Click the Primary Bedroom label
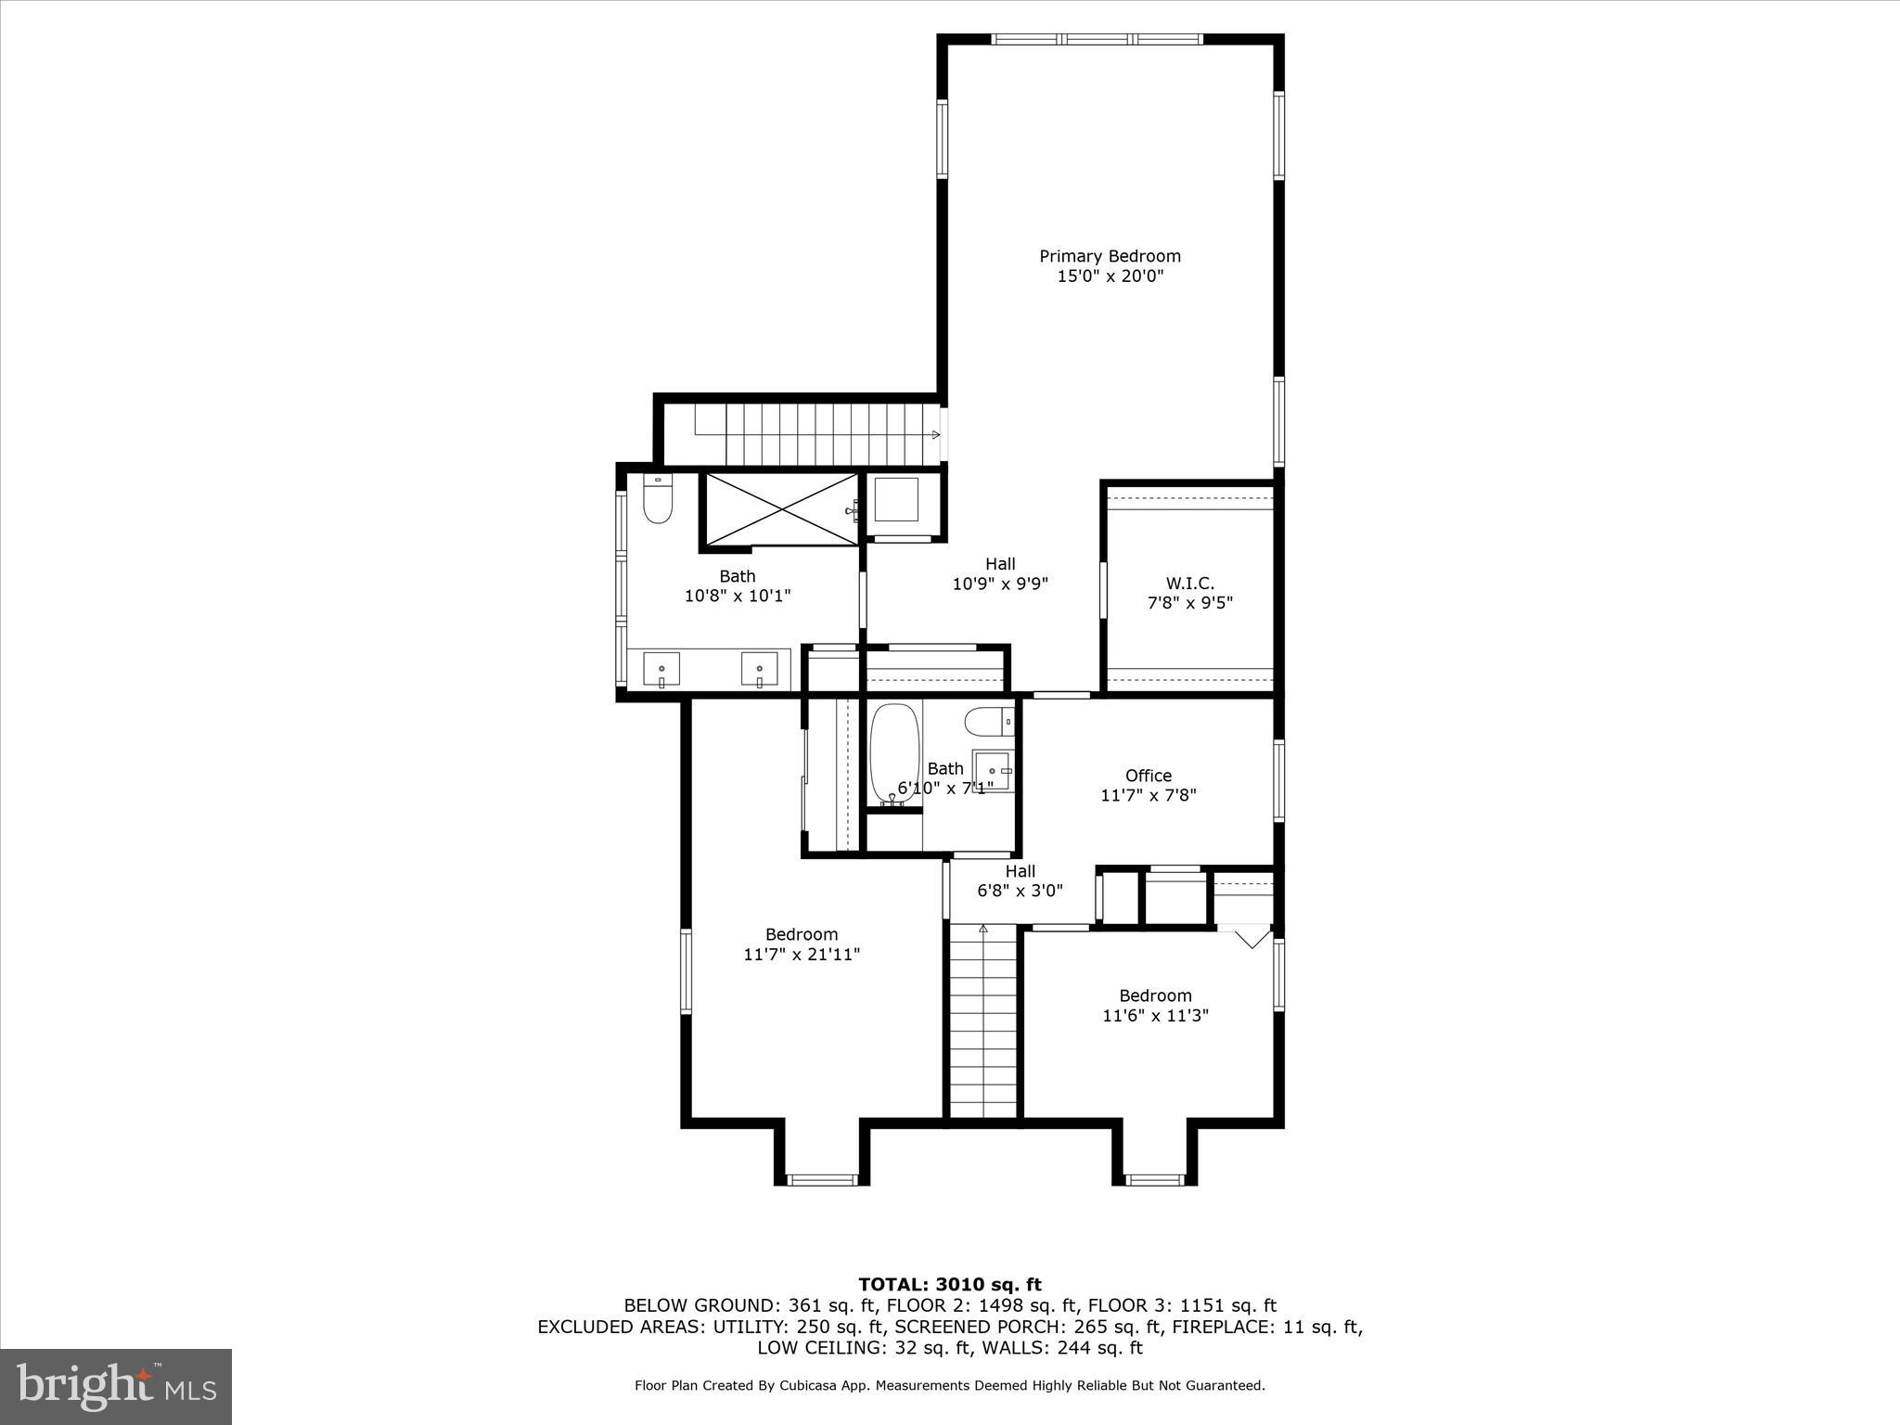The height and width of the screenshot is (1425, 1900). click(1110, 256)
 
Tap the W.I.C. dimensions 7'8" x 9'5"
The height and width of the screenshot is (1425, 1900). click(1190, 603)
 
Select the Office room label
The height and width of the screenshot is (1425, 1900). click(1149, 776)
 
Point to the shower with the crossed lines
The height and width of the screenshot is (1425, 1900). click(782, 509)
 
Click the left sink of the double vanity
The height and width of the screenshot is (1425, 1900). click(661, 669)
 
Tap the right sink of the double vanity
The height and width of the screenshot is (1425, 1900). click(759, 669)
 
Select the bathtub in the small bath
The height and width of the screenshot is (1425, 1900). click(893, 753)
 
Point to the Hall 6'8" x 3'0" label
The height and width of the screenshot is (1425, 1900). click(1020, 880)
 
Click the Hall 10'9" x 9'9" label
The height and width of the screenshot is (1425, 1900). click(1000, 573)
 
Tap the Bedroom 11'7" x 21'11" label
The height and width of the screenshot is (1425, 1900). click(802, 944)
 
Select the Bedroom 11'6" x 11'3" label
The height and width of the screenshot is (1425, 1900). click(1155, 1005)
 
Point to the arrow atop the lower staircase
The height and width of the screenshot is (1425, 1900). click(983, 928)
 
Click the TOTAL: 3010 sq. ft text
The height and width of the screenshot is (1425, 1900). click(950, 1284)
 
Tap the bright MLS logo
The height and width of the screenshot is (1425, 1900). click(116, 1386)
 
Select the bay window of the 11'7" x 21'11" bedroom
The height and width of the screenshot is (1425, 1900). click(822, 1179)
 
